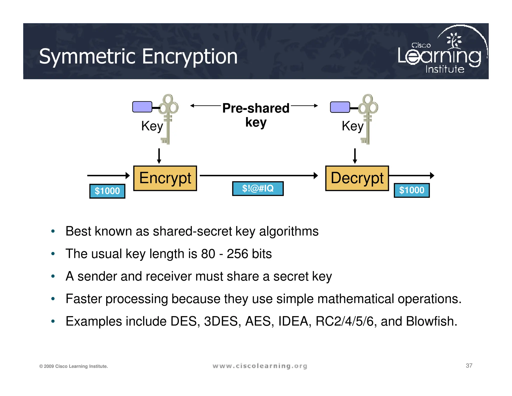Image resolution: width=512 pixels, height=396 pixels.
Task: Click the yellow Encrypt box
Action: [x=165, y=178]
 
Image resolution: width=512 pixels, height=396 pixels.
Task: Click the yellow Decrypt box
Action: [x=357, y=178]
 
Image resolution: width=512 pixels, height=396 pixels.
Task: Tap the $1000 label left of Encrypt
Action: [x=107, y=191]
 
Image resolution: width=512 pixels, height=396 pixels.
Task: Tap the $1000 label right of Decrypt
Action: [x=411, y=190]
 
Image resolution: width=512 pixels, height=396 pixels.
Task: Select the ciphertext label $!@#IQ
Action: [x=258, y=188]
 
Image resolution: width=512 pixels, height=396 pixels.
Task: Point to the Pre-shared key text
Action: [x=256, y=115]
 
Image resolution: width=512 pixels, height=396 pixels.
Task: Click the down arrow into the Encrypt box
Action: [x=159, y=156]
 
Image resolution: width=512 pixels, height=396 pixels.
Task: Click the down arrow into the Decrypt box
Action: [x=355, y=156]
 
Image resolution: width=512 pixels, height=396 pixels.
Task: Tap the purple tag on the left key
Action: [x=142, y=107]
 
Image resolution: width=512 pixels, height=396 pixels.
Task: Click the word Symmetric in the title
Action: [x=87, y=57]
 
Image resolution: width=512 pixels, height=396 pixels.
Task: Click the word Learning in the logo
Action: [x=439, y=56]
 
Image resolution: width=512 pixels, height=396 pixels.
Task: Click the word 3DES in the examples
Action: [x=220, y=321]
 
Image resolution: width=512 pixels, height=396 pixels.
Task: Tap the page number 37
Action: [x=469, y=365]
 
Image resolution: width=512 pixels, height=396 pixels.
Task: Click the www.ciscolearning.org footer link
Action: [x=260, y=366]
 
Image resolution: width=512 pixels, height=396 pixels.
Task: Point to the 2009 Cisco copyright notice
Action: [x=73, y=366]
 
